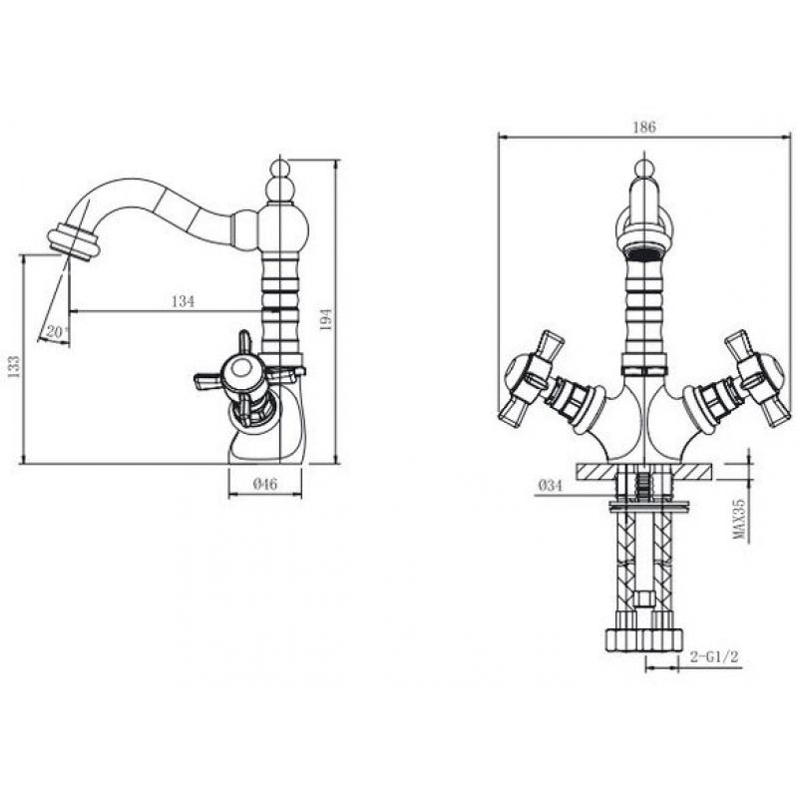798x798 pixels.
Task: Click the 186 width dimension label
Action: [x=643, y=127]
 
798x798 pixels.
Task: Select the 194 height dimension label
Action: [x=326, y=319]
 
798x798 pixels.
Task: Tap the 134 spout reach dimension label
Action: [x=183, y=301]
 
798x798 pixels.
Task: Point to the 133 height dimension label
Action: [x=15, y=366]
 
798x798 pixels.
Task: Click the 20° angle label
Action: [x=57, y=332]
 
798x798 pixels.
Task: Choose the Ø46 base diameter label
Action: [x=265, y=484]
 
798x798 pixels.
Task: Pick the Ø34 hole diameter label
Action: [x=551, y=486]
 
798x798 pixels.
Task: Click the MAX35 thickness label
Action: [x=738, y=519]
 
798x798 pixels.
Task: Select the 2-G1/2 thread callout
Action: [x=714, y=657]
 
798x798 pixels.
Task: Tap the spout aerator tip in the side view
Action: [x=72, y=243]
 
